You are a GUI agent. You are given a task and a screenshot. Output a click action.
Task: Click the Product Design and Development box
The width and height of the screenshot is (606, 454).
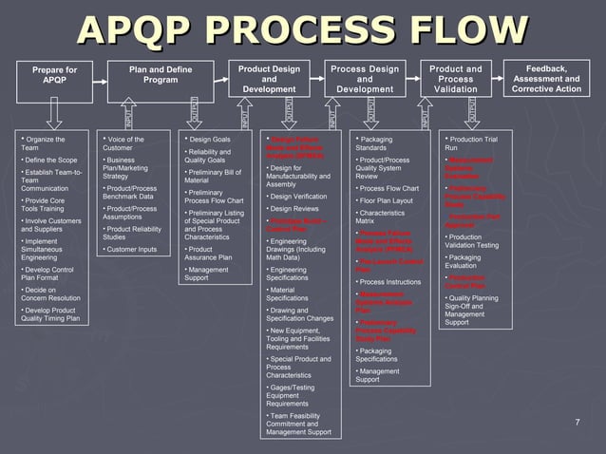click(x=269, y=79)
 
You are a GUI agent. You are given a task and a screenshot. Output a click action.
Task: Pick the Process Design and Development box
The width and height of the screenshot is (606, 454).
click(x=364, y=79)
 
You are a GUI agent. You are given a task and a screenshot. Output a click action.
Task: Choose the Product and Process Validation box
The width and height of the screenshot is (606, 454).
click(x=455, y=79)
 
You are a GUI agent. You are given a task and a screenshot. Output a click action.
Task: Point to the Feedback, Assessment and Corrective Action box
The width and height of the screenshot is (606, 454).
click(x=546, y=79)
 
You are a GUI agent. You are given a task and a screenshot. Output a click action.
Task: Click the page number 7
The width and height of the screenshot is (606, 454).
click(x=577, y=421)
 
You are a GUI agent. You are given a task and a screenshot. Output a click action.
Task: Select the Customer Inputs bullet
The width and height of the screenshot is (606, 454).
click(x=132, y=249)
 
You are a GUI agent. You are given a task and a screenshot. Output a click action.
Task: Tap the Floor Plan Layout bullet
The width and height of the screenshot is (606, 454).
click(x=386, y=200)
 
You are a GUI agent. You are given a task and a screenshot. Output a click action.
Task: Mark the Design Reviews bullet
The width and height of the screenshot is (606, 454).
click(x=294, y=208)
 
